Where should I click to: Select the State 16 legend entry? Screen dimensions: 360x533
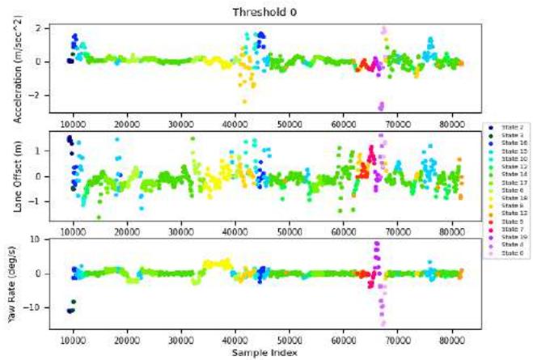(x=508, y=142)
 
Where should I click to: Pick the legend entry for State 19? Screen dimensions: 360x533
(x=508, y=236)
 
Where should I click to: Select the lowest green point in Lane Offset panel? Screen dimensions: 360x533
(x=99, y=217)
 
